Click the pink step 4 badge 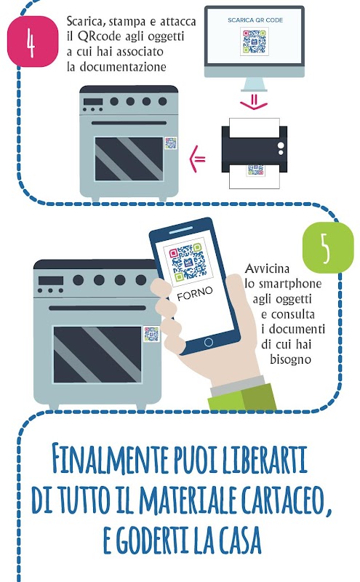(x=33, y=41)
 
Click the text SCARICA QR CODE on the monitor (x=255, y=20)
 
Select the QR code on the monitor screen (x=255, y=41)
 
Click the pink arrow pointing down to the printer (x=254, y=102)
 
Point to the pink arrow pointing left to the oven (x=197, y=159)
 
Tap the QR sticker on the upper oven (x=170, y=143)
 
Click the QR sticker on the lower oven (x=151, y=334)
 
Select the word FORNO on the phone (x=195, y=294)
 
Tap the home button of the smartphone (x=209, y=342)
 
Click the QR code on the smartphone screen (x=188, y=261)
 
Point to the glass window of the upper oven (x=129, y=159)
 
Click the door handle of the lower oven (x=97, y=308)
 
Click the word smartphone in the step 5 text (x=283, y=284)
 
